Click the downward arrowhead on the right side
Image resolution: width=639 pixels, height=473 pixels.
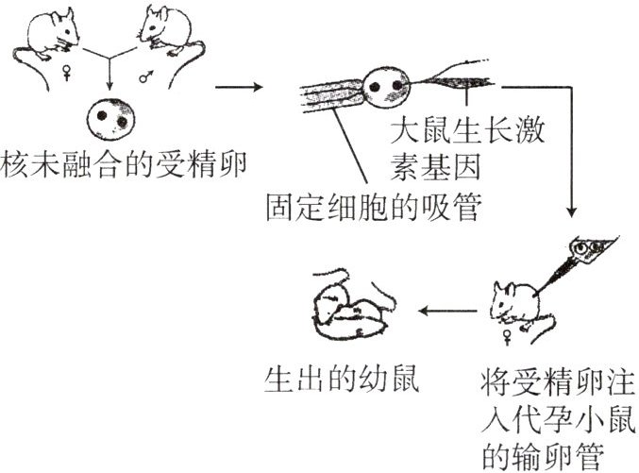coord(572,211)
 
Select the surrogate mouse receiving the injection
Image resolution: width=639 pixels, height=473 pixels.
coord(514,302)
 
